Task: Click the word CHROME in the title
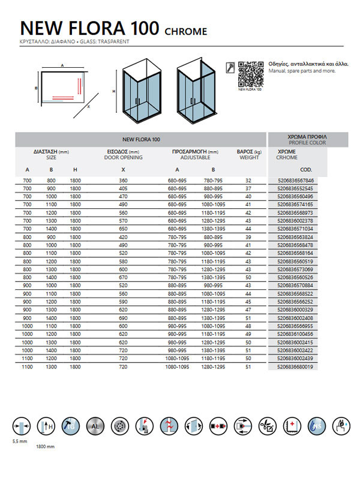[x=185, y=31]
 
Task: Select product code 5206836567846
[x=296, y=180]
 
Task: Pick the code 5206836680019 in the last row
[x=296, y=366]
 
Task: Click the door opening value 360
[x=123, y=180]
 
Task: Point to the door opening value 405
[x=123, y=188]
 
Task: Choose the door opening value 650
[x=123, y=229]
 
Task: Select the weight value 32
[x=248, y=180]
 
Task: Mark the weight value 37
[x=248, y=188]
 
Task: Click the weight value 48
[x=248, y=326]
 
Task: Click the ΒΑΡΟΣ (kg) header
[x=249, y=152]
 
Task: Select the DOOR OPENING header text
[x=124, y=158]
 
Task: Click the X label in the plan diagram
[x=88, y=108]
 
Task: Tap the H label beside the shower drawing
[x=113, y=92]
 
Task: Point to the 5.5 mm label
[x=20, y=442]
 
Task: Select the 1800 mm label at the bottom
[x=46, y=447]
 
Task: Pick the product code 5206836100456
[x=296, y=334]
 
